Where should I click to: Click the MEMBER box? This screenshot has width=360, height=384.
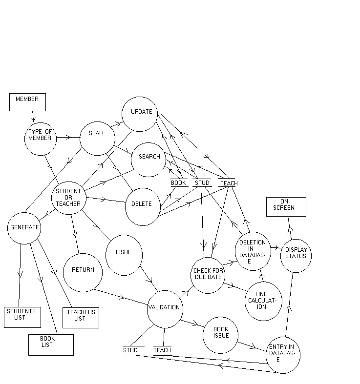27,102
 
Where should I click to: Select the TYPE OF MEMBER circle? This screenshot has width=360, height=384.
41,139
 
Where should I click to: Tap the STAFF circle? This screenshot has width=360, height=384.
97,139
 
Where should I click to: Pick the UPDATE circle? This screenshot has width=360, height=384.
140,114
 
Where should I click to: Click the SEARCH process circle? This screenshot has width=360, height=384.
148,160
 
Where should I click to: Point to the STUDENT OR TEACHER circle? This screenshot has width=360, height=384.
69,198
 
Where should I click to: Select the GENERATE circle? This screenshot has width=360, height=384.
24,228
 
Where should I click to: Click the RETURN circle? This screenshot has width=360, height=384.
83,272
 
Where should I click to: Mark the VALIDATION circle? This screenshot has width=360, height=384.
165,309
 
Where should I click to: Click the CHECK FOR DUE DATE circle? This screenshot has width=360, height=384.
208,275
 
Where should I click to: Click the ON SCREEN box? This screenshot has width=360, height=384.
286,206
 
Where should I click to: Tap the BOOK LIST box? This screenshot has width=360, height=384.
51,344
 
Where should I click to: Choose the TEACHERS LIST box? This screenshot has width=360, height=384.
81,317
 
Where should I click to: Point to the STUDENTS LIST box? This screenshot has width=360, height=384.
22,317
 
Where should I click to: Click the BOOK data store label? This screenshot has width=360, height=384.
178,183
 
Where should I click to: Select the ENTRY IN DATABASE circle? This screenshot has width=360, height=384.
283,355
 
